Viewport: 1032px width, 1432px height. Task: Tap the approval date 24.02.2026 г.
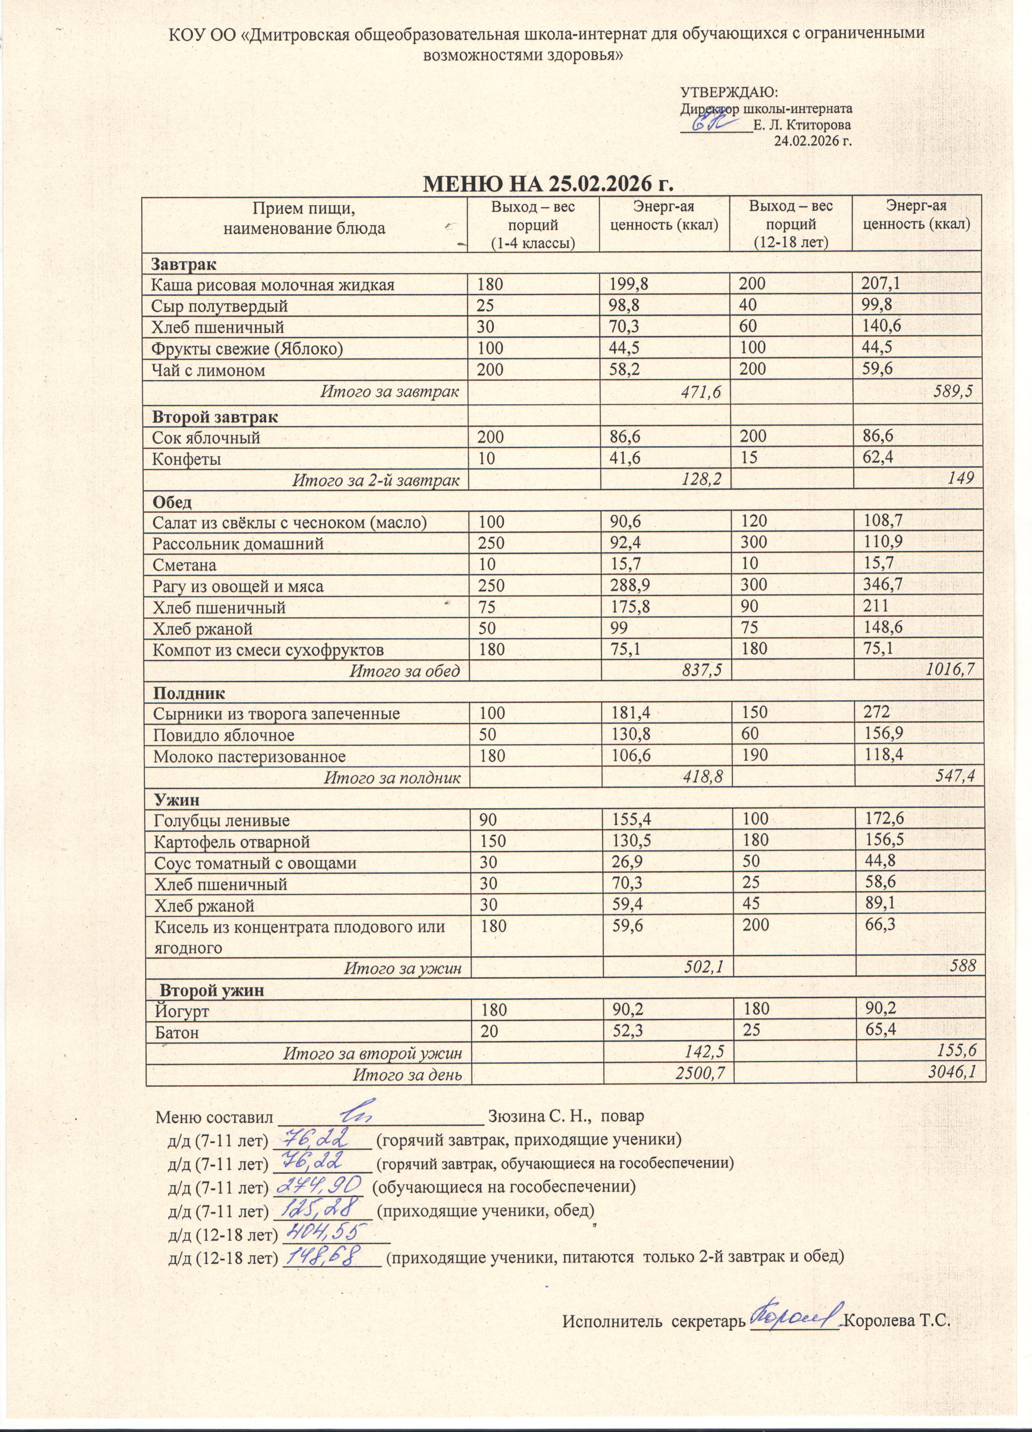pos(813,141)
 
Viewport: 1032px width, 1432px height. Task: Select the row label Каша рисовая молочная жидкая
pos(273,285)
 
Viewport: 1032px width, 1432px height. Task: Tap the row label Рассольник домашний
pos(238,543)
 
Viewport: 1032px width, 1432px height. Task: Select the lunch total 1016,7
pos(954,671)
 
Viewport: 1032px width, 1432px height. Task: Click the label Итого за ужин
pos(402,967)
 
